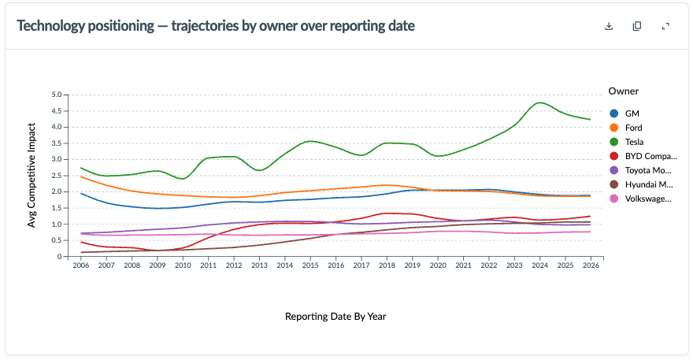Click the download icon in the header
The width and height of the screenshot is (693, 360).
coord(609,26)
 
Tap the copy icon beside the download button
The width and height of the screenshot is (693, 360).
coord(637,26)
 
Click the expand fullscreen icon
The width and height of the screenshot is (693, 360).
coord(665,26)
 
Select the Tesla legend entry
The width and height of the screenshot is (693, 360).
coord(626,142)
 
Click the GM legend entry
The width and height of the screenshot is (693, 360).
coord(624,113)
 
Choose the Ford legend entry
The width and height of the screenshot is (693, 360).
coord(625,128)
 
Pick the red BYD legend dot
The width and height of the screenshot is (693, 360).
coord(614,156)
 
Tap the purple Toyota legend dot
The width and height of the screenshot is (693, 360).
coord(614,170)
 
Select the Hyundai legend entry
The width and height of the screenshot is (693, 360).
coord(641,184)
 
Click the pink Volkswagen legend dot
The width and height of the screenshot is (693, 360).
coord(614,199)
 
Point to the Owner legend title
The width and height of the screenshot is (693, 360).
coord(623,91)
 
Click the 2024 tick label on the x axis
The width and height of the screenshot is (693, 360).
coord(539,265)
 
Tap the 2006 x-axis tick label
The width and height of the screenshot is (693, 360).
coord(81,265)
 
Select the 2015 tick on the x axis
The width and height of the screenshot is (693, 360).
coord(310,265)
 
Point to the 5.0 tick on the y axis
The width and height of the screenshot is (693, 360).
coord(57,95)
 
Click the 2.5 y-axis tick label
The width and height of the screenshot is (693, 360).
coord(57,176)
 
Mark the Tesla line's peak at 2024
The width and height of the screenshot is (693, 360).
coord(539,102)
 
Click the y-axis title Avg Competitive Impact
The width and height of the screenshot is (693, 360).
coord(31,175)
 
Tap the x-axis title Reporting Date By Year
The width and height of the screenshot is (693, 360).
coord(335,317)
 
